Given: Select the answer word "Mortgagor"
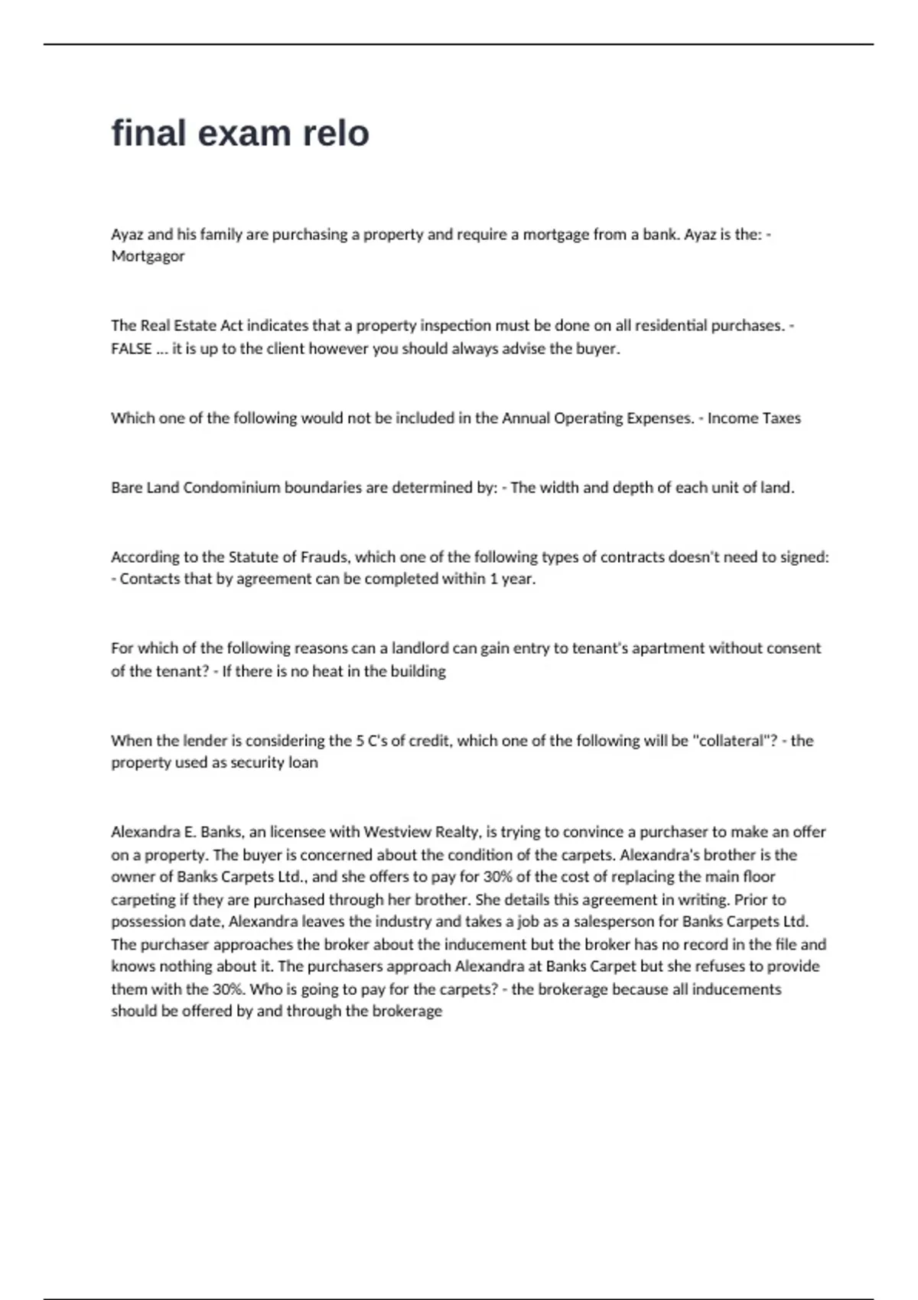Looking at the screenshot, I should pos(148,256).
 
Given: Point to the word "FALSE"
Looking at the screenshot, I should pos(132,349).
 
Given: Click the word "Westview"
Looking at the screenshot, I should pos(397,832).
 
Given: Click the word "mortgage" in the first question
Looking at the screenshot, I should pos(555,234).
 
